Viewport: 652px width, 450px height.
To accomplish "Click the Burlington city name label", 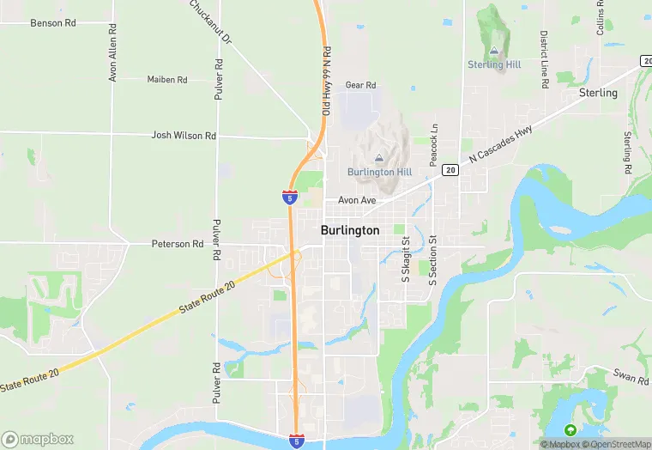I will coord(349,230).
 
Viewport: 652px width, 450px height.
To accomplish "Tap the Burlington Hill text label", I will coord(379,172).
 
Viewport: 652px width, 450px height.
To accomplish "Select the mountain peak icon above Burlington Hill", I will coord(379,156).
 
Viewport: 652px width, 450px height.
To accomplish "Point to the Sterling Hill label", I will coord(493,64).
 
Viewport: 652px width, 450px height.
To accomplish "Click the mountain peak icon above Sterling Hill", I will coord(493,49).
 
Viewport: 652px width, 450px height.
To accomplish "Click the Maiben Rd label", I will coord(167,80).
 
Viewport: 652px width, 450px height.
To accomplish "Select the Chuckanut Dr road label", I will coord(211,22).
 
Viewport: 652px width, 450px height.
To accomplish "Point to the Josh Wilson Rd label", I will coord(184,136).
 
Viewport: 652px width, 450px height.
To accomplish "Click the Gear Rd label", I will coord(360,85).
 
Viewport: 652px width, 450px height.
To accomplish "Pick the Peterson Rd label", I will coord(178,244).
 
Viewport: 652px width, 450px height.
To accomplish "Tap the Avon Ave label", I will coord(357,200).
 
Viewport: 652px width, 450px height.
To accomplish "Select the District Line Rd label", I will coord(544,60).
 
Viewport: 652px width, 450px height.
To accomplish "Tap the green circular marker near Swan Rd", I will coord(570,429).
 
